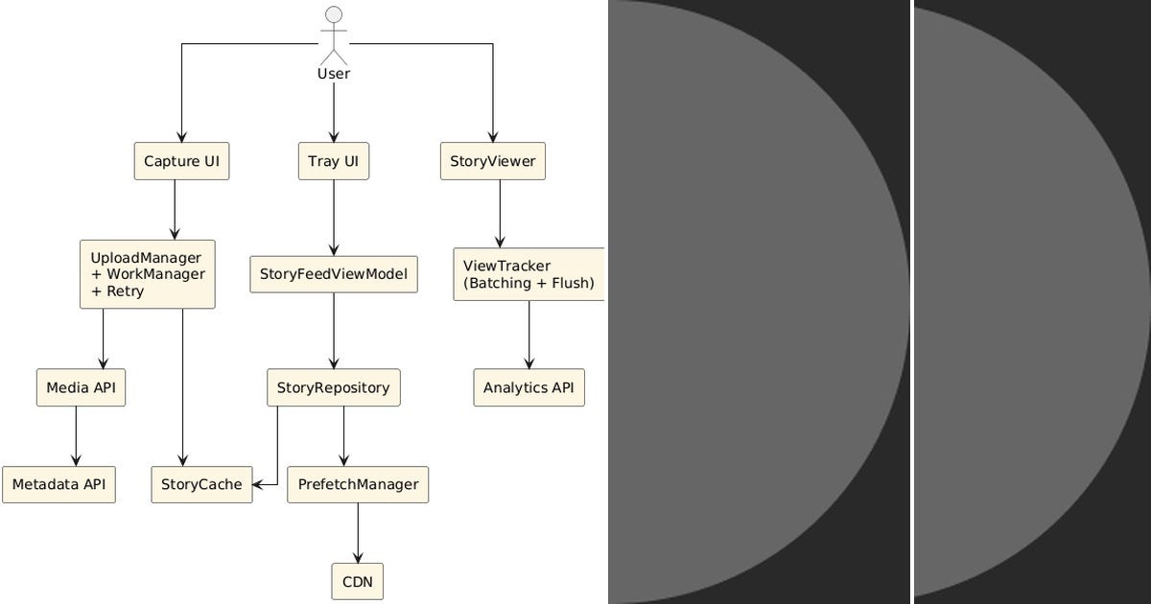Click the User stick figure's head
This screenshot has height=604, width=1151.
[334, 13]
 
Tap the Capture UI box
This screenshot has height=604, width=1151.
[181, 161]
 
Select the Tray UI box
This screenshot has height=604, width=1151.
[333, 161]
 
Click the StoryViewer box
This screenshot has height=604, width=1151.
[493, 161]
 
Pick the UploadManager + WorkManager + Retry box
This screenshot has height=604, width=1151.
[147, 274]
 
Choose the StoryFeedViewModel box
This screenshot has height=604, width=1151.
[333, 274]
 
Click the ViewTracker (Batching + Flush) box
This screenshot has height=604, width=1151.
[529, 274]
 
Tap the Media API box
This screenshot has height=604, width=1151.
[81, 387]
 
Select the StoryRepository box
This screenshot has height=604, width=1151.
[333, 387]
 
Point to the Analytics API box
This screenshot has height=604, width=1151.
[529, 387]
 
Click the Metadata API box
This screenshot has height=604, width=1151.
[59, 484]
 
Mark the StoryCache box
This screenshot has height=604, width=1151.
[201, 484]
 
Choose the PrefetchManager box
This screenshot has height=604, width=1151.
[358, 484]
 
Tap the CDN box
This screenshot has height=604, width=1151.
[358, 581]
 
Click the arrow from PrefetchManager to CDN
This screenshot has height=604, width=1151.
[358, 533]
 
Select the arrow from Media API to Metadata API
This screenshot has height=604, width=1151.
[76, 436]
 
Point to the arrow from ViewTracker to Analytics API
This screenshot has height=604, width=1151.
[529, 335]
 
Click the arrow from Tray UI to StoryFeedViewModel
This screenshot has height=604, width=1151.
[333, 218]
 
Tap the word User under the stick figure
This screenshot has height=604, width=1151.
[334, 74]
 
